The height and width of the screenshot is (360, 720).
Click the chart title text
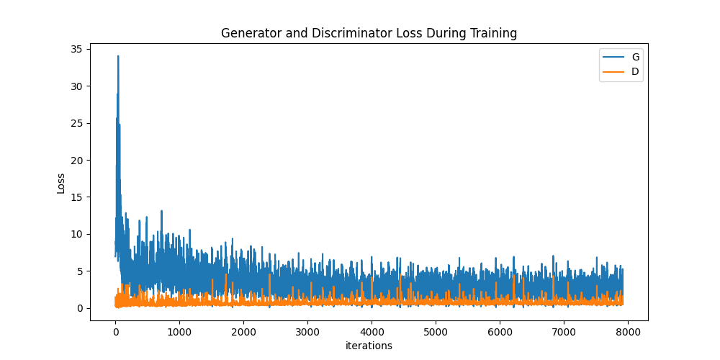click(x=369, y=33)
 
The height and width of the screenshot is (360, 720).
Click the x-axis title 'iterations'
click(x=369, y=346)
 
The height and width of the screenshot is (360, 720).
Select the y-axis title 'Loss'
click(x=61, y=183)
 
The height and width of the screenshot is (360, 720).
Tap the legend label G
click(x=635, y=57)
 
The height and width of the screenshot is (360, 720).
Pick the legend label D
click(x=635, y=71)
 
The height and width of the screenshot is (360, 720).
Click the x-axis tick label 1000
click(x=179, y=332)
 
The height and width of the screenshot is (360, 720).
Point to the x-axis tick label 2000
click(x=243, y=332)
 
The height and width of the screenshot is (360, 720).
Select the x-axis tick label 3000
click(x=307, y=332)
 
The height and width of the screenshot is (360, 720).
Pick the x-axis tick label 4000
click(x=372, y=332)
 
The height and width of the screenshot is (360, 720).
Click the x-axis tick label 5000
click(x=436, y=332)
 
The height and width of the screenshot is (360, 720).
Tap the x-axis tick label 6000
click(x=500, y=332)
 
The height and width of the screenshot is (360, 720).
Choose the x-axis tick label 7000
click(x=564, y=332)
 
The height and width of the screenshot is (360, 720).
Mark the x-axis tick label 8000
click(x=628, y=332)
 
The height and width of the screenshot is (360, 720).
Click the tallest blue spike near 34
click(x=118, y=57)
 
